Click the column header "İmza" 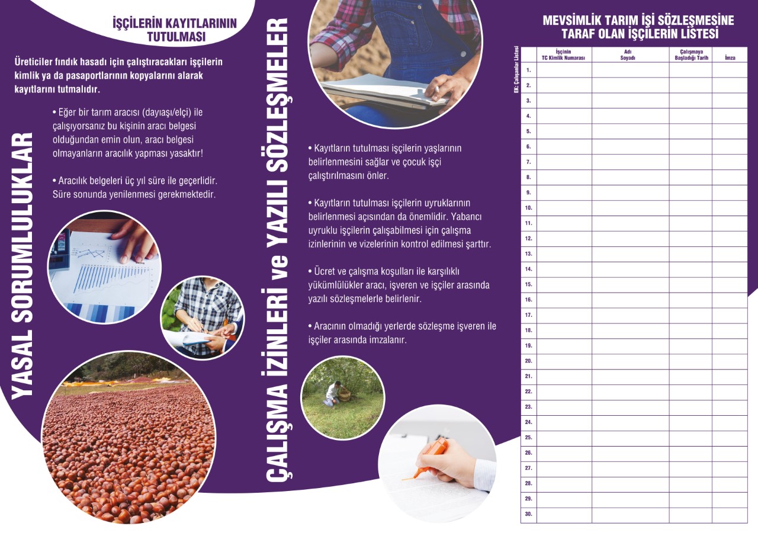730,58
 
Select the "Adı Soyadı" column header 628,55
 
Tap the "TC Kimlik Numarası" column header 563,55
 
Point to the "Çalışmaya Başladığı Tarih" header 691,55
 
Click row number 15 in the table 528,284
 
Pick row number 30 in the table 528,514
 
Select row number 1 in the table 529,70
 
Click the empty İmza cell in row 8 730,177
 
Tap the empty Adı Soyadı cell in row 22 631,392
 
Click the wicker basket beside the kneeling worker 345,395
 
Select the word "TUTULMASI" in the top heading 176,37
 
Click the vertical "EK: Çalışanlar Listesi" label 516,70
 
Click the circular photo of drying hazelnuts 129,437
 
